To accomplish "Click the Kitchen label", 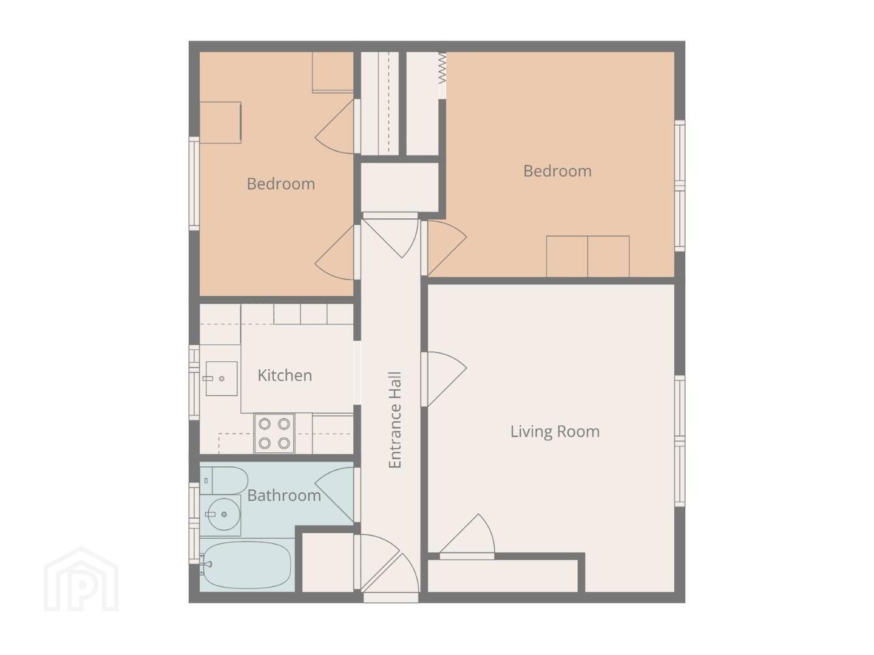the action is [284, 375].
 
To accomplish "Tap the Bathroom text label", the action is [284, 495].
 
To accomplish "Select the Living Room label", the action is [555, 431].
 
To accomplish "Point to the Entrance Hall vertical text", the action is [395, 420].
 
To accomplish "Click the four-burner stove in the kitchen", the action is [274, 433].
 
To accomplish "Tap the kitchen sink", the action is [221, 378].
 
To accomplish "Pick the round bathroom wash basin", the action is [224, 514].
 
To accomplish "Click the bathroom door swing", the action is [334, 494].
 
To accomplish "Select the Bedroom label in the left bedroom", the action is [281, 184].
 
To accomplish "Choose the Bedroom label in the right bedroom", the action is [557, 171].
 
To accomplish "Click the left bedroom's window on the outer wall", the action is [194, 183].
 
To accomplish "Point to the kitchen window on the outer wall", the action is [194, 383].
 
